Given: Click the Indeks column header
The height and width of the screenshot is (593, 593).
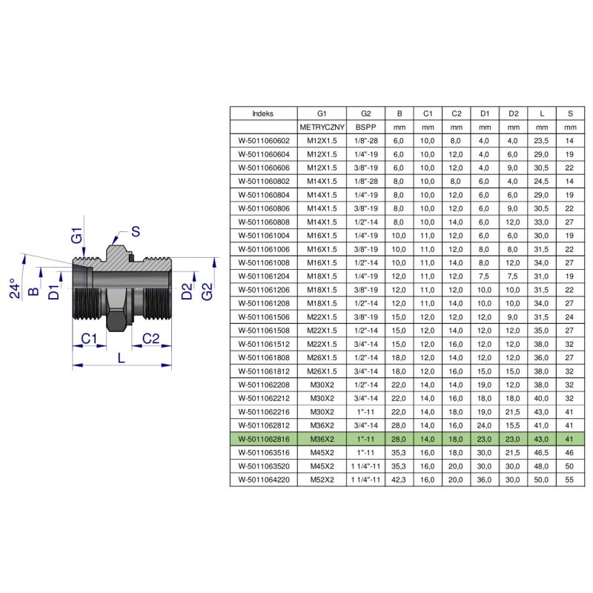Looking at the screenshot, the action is coord(263,113).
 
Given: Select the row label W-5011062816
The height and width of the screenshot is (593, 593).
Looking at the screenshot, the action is coord(264,439).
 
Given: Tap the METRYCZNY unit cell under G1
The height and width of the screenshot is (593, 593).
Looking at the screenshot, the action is coord(322,127).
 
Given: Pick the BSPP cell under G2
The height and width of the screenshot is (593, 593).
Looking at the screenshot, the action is coord(365,127).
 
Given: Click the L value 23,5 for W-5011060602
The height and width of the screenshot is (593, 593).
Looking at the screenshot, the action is coord(541,141).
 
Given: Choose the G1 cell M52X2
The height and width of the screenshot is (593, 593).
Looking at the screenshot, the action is coord(322,480).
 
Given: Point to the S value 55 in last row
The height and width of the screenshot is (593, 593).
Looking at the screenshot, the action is coord(569,480).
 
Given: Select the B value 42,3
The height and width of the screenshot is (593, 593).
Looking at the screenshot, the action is coord(399,480).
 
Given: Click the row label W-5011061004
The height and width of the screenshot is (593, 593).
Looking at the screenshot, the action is coord(264,236).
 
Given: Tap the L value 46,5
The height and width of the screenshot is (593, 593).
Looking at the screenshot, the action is coord(541,452).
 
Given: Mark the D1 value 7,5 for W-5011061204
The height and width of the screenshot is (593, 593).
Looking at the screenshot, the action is coord(485,276).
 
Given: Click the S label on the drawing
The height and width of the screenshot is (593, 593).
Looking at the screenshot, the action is coord(136,231).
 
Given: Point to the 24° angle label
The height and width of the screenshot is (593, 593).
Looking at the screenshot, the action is coord(15,288).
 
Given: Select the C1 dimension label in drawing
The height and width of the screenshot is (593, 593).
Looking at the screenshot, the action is coord(89,339).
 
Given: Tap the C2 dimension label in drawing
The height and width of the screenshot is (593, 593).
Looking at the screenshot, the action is coord(150,339).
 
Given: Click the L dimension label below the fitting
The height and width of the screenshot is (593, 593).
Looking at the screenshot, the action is coord(121,358).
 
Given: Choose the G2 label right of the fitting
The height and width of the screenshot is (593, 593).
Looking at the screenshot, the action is coord(207,291).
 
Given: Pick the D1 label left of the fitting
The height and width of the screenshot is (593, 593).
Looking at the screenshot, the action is coord(54,292).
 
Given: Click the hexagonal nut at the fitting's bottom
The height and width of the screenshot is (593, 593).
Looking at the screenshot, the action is coord(116,321).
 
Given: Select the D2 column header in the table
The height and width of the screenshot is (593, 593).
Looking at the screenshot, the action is coord(513,113).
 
